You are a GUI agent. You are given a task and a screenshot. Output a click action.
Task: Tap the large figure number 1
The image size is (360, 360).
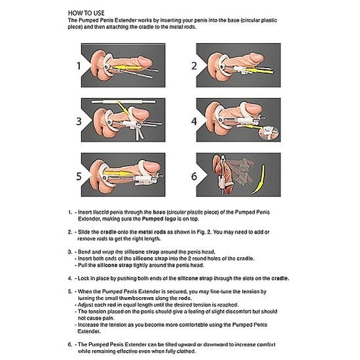(x=78, y=65)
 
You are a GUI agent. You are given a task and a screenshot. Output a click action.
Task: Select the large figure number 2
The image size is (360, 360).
(x=194, y=65)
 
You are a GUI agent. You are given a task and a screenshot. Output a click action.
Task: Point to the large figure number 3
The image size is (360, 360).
(x=78, y=121)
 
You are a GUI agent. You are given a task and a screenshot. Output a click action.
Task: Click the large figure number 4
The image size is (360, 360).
(x=194, y=121)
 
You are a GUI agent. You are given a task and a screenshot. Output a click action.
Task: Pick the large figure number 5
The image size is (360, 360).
(x=78, y=175)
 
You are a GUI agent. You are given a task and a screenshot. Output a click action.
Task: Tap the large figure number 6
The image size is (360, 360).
(x=194, y=175)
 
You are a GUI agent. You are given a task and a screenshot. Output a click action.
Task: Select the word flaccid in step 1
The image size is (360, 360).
(x=103, y=212)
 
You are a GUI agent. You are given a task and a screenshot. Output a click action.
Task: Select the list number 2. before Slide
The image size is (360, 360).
(x=69, y=233)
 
